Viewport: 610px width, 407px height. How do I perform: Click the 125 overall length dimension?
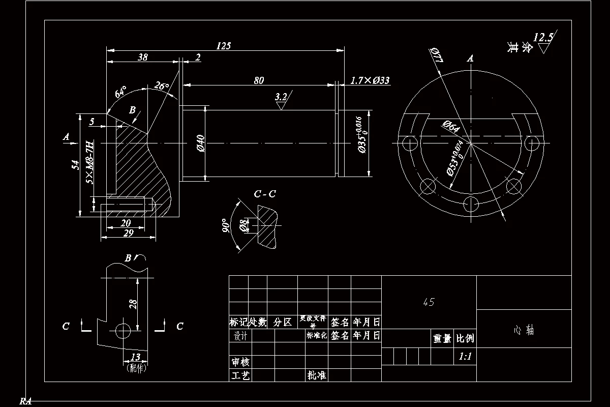(x=224, y=46)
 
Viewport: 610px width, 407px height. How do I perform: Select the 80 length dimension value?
(x=259, y=80)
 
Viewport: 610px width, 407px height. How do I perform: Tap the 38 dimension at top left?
(x=143, y=57)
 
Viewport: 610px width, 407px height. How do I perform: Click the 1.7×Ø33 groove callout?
(x=370, y=80)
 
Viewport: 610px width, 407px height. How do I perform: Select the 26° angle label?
(x=162, y=86)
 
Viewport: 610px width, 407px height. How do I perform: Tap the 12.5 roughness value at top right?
(x=543, y=38)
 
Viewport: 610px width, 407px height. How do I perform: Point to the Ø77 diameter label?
(x=437, y=55)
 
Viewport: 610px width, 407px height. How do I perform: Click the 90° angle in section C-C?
(x=226, y=225)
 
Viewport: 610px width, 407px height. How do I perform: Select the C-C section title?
(x=265, y=194)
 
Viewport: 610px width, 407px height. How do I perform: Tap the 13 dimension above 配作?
(x=136, y=357)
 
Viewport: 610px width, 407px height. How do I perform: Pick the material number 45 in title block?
(x=429, y=302)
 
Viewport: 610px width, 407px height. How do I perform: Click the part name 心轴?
(x=524, y=330)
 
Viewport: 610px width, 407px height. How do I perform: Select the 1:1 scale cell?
(x=465, y=357)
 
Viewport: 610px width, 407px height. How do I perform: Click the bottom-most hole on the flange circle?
(x=471, y=205)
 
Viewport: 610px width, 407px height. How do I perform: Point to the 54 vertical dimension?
(x=76, y=165)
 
